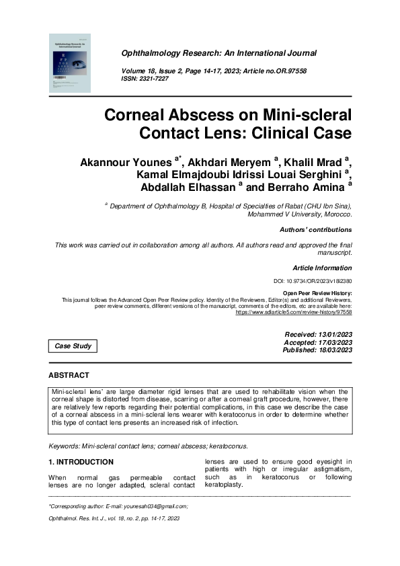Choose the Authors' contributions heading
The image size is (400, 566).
(315, 229)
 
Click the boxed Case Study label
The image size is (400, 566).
(73, 346)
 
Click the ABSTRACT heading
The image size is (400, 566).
(69, 374)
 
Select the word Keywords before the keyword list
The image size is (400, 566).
(65, 446)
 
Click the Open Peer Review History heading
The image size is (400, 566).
(317, 294)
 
